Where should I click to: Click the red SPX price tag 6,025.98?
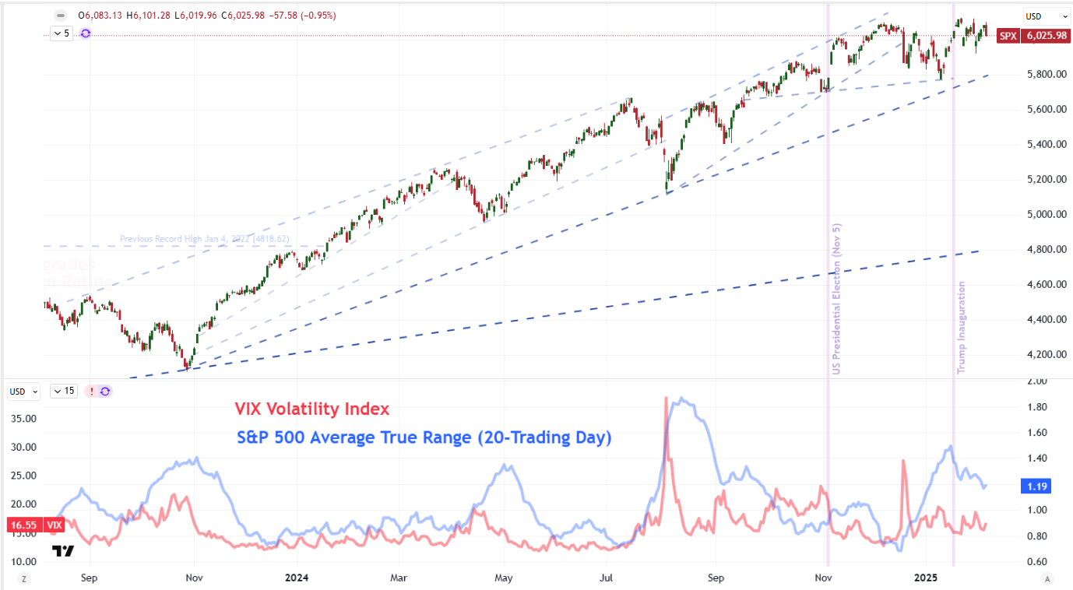1045,36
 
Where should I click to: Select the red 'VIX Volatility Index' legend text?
311,409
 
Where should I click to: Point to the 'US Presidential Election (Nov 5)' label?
836,298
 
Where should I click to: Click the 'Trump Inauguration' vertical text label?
962,327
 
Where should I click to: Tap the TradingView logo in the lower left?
63,551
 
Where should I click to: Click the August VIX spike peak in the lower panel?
666,399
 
